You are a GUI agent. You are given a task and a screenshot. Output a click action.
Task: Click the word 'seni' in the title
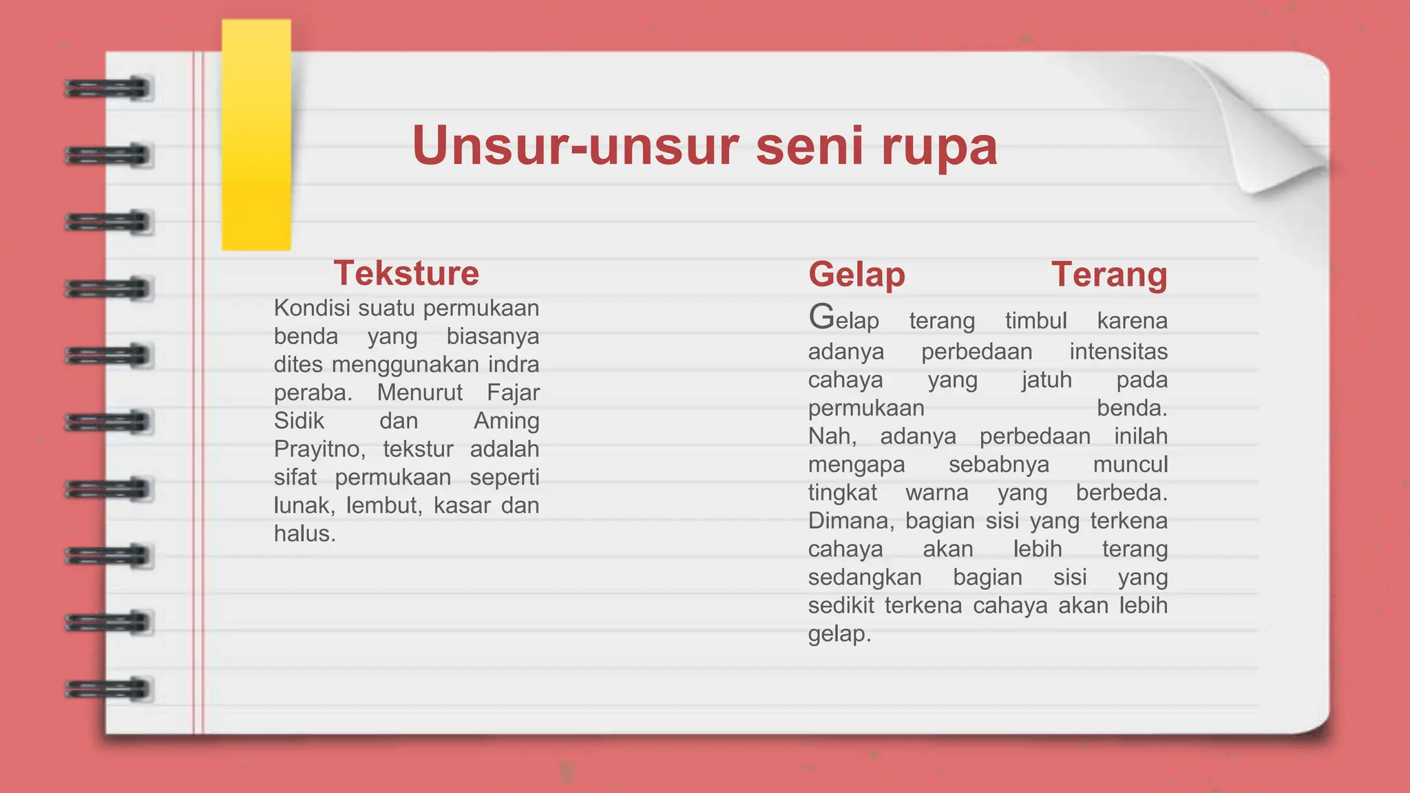[809, 146]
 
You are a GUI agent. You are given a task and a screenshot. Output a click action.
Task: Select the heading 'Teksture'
[406, 273]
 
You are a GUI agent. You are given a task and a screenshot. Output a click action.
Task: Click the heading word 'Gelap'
[856, 275]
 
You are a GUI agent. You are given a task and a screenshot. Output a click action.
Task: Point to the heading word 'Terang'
[1109, 275]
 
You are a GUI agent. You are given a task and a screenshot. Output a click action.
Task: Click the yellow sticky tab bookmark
[256, 135]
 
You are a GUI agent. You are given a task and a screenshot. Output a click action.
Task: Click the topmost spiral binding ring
[108, 89]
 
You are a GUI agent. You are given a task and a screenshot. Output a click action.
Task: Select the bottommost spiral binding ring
[108, 688]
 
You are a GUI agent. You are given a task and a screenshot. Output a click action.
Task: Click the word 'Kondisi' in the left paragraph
[312, 308]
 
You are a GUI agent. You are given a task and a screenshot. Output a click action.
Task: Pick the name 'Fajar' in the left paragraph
[513, 392]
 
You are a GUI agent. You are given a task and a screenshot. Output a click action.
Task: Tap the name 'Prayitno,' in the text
[319, 449]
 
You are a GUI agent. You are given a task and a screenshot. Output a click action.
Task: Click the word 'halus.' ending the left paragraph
[304, 533]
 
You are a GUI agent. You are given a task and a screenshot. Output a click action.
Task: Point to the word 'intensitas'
[1118, 352]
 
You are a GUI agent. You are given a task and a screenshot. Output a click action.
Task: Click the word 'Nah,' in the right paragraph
[832, 436]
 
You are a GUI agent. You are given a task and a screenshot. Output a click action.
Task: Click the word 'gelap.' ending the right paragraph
[839, 634]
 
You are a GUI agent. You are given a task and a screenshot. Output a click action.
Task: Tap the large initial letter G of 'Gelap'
[821, 318]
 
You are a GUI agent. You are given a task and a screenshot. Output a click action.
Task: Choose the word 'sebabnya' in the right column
[998, 465]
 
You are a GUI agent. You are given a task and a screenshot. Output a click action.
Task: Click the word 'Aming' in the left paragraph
[506, 421]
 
